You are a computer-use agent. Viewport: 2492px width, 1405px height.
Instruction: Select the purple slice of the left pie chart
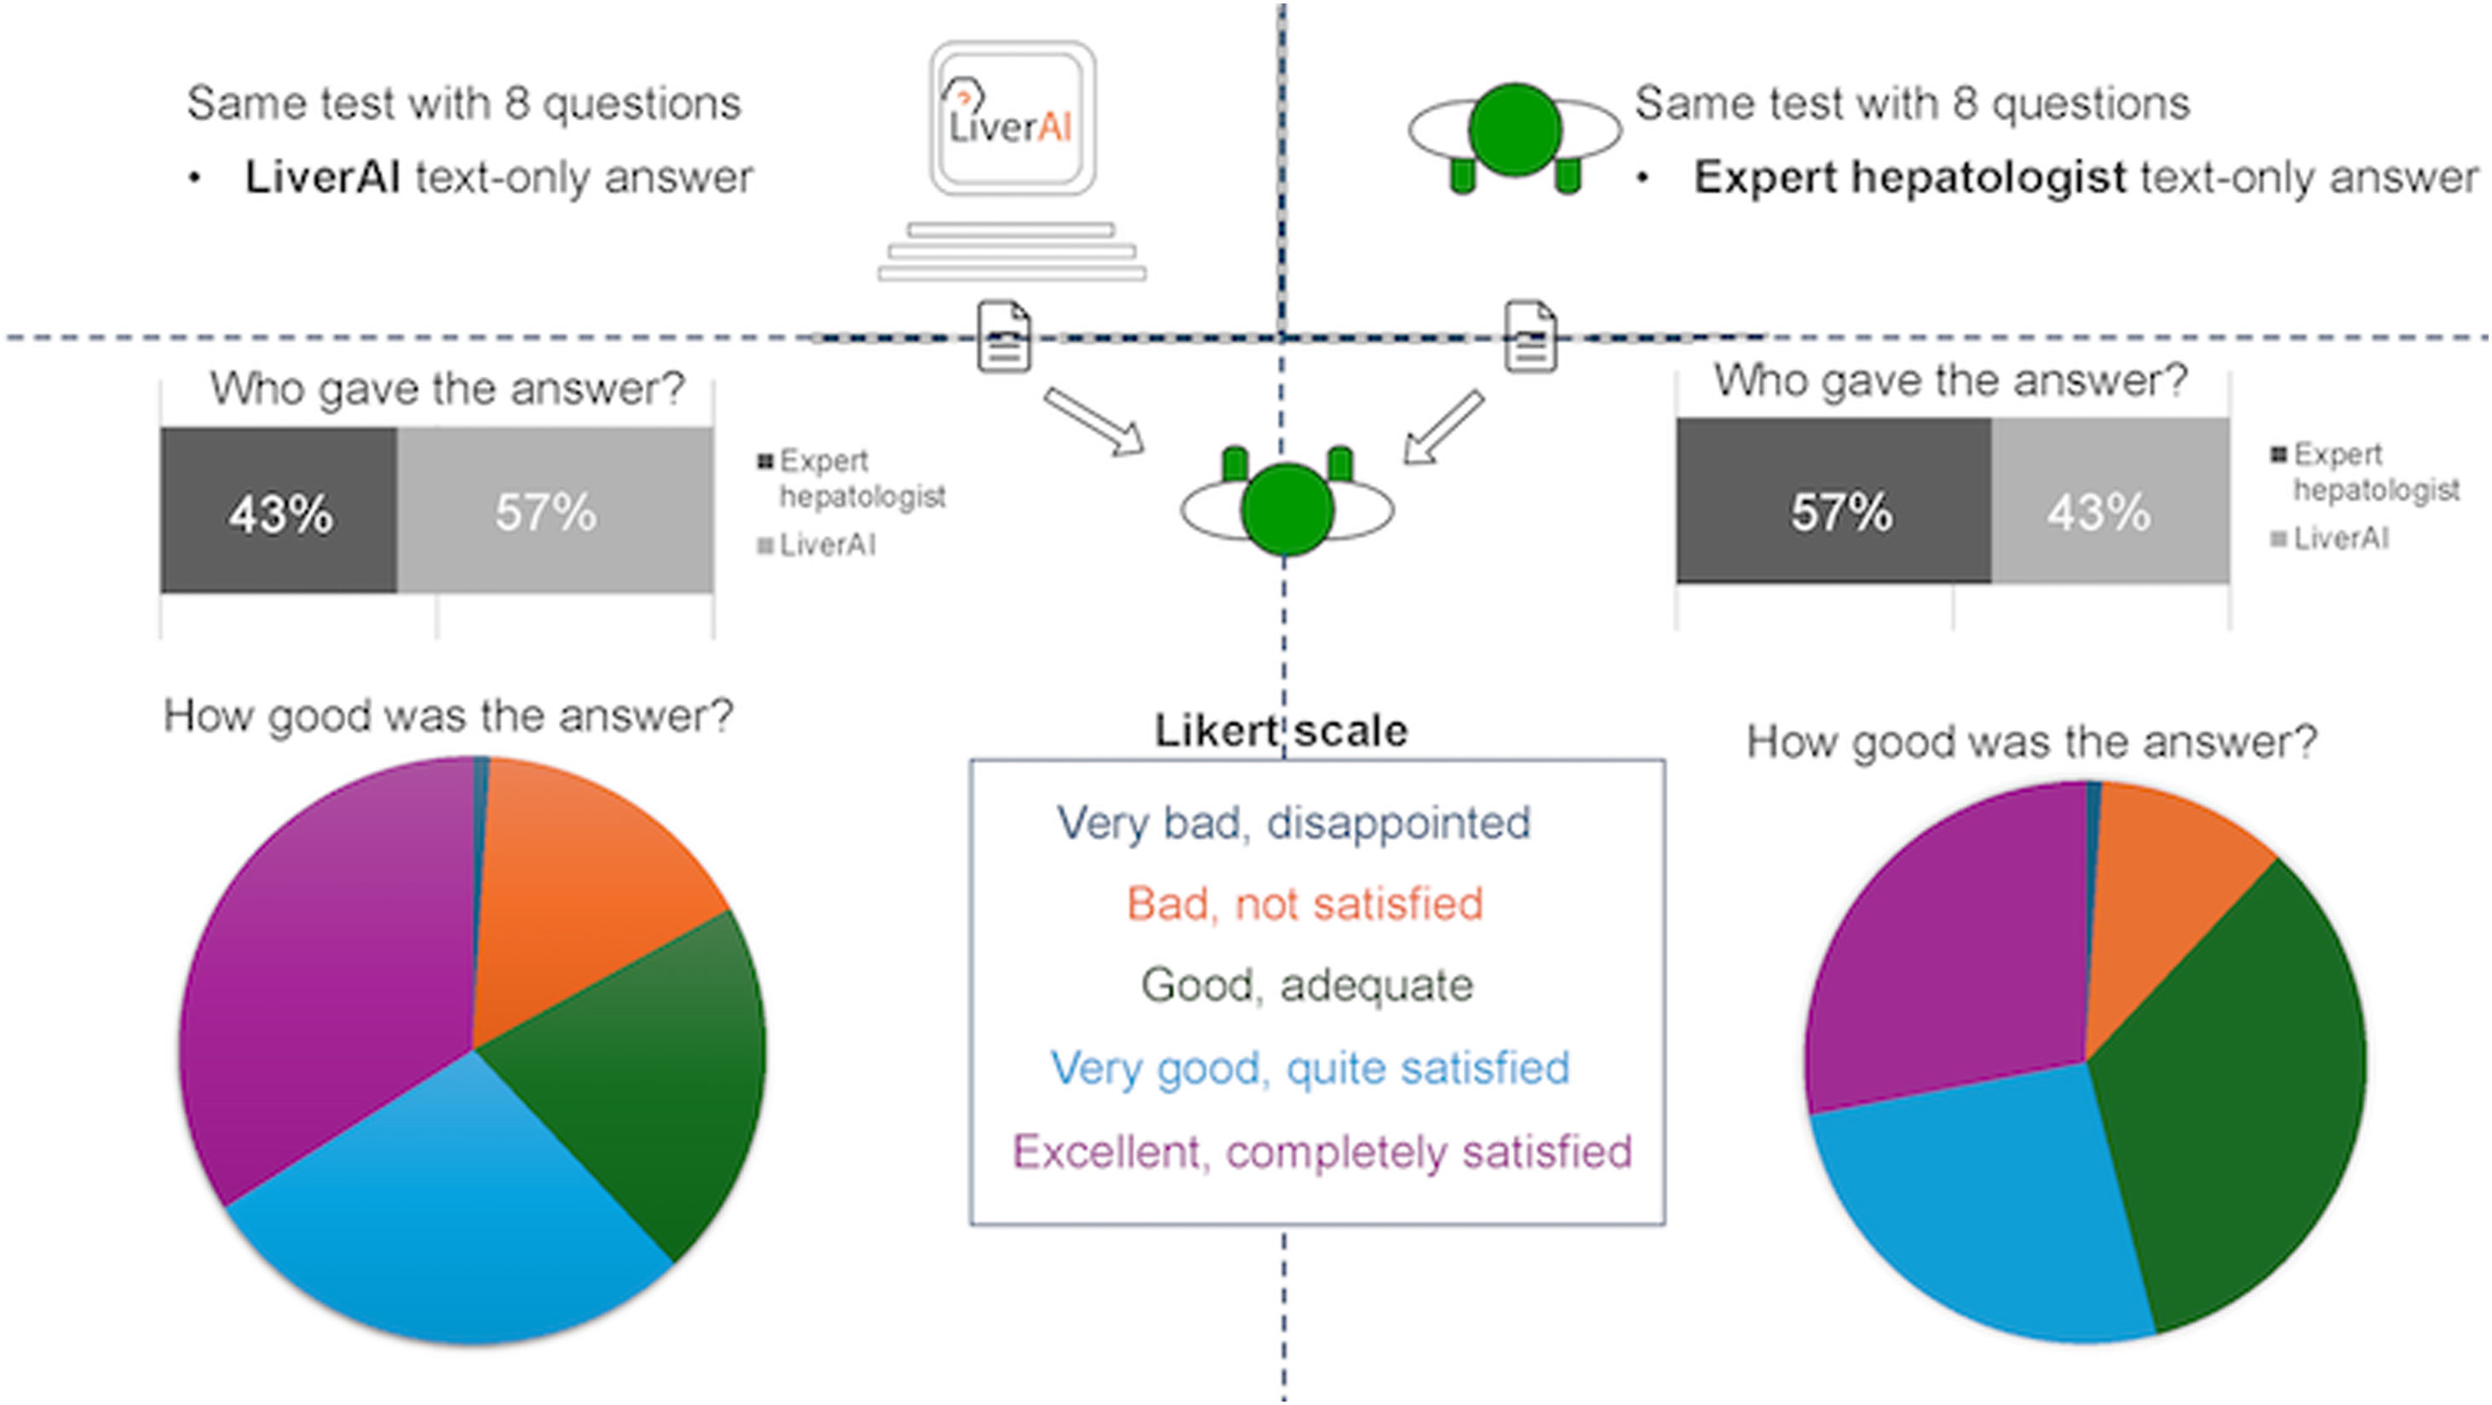329,968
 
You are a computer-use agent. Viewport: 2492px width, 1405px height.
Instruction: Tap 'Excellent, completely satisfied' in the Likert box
1321,1151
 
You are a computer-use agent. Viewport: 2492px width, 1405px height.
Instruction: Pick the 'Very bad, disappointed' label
1293,823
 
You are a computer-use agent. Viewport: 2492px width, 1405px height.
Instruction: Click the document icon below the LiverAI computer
1004,337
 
